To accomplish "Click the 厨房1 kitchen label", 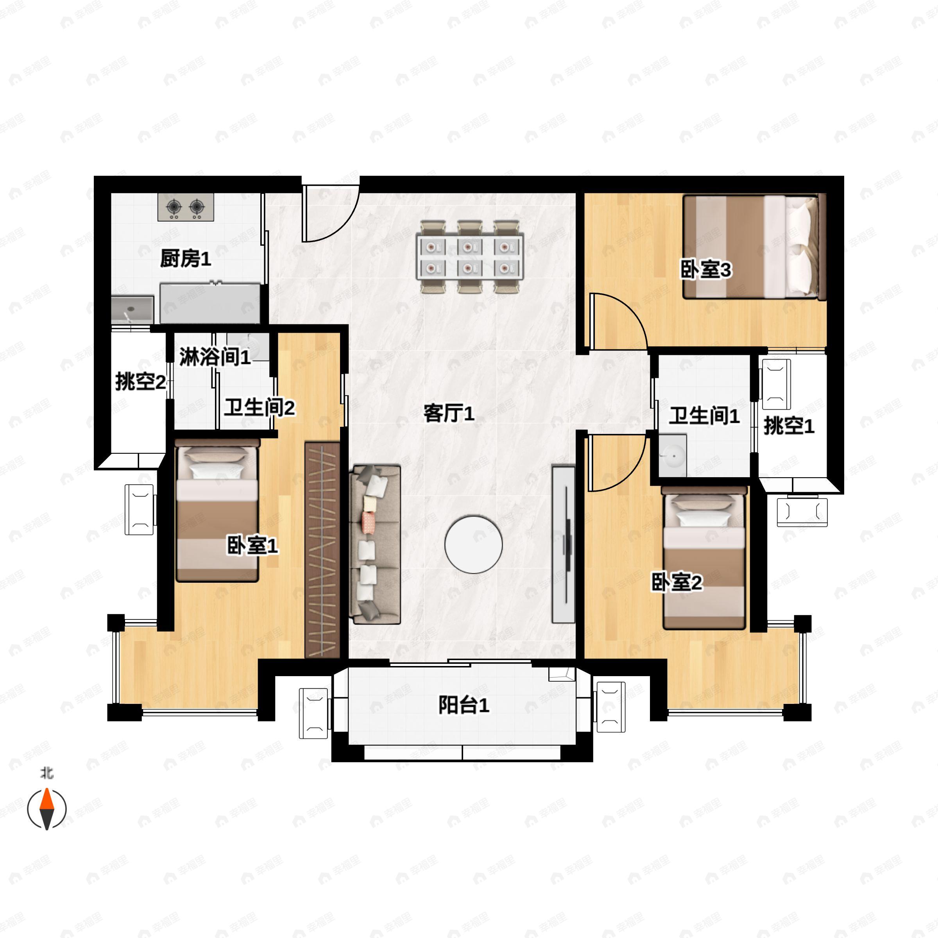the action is pos(186,259).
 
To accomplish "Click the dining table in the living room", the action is pos(469,257).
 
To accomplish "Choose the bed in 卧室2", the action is pos(704,559).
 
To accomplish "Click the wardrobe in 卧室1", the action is pos(322,550).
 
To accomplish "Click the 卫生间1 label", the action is pos(704,416).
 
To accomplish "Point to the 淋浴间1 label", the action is pos(215,357).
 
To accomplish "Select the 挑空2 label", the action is pos(141,382).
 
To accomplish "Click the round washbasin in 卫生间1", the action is pos(673,456).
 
